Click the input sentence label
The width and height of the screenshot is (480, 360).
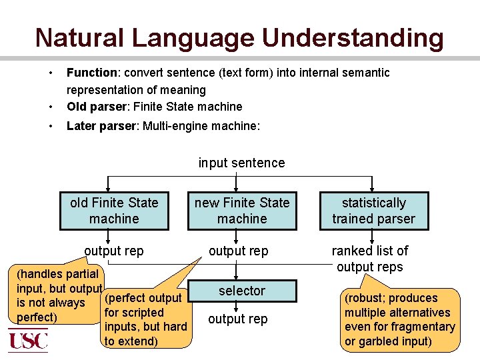pyautogui.click(x=241, y=163)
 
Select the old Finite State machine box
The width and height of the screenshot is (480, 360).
pyautogui.click(x=114, y=211)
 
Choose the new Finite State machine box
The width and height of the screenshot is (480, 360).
pyautogui.click(x=242, y=211)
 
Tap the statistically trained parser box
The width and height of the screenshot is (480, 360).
pyautogui.click(x=373, y=211)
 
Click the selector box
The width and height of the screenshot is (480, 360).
pyautogui.click(x=241, y=291)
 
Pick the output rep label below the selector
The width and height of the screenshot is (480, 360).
pyautogui.click(x=238, y=319)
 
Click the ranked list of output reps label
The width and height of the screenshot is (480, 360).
pyautogui.click(x=370, y=259)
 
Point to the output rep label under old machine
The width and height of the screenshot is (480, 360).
pyautogui.click(x=114, y=251)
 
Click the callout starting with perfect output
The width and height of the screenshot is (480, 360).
pyautogui.click(x=146, y=319)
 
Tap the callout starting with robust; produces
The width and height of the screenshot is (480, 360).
pyautogui.click(x=399, y=320)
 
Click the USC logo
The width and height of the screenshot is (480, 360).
pyautogui.click(x=28, y=341)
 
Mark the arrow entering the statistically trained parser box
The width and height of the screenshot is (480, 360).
pyautogui.click(x=371, y=185)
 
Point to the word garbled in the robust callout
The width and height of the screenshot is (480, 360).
pyautogui.click(x=383, y=342)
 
